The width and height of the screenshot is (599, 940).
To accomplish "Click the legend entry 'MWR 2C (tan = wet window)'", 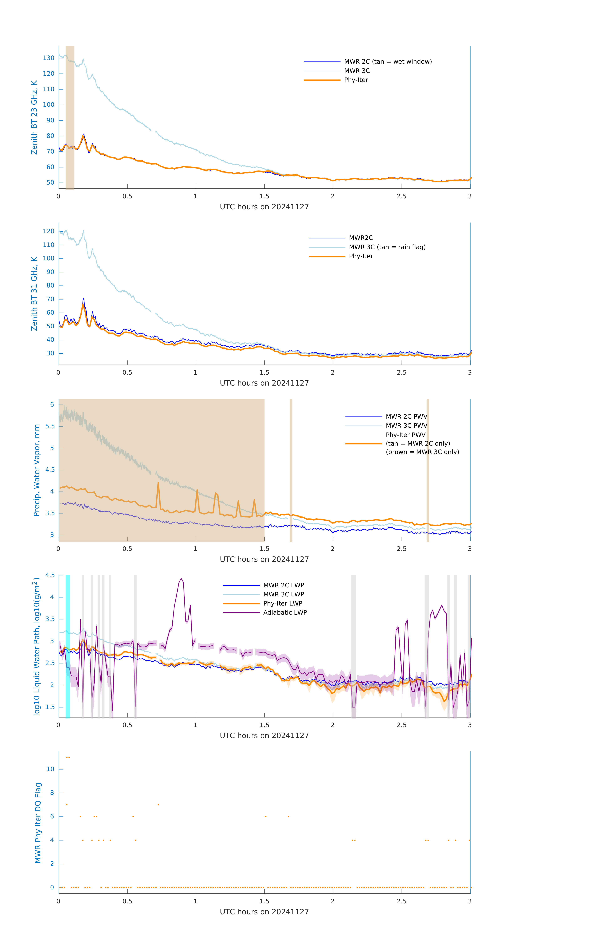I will [x=387, y=62].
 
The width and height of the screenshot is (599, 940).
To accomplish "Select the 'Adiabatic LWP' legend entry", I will [x=285, y=612].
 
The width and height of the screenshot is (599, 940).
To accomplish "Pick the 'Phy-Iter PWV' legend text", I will [x=405, y=435].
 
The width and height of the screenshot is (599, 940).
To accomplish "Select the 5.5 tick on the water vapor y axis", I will [x=50, y=426].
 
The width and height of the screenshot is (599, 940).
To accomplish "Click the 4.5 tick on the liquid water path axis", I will [x=50, y=575].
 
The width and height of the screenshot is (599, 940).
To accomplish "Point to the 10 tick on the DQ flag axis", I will [x=50, y=769].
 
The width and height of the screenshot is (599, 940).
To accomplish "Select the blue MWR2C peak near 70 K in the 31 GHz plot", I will [x=83, y=299].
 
